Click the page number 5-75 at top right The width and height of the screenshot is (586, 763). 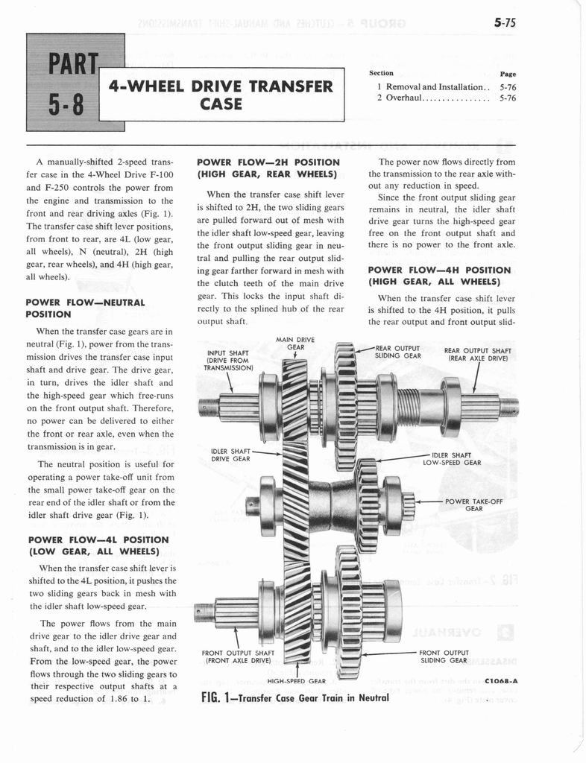pyautogui.click(x=505, y=23)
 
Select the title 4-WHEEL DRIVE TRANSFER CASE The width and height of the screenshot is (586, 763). pyautogui.click(x=221, y=94)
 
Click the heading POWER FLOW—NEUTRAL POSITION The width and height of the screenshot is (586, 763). pyautogui.click(x=84, y=308)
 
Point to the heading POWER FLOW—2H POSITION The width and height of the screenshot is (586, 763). pyautogui.click(x=268, y=168)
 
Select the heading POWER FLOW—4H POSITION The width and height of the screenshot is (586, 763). pyautogui.click(x=440, y=276)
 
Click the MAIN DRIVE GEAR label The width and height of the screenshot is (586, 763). pyautogui.click(x=294, y=343)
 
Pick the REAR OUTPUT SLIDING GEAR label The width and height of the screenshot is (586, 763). pyautogui.click(x=398, y=351)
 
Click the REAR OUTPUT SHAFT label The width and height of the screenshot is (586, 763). pyautogui.click(x=477, y=354)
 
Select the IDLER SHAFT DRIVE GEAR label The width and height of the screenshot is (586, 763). pyautogui.click(x=230, y=455)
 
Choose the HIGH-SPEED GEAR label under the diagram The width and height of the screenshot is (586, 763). pyautogui.click(x=296, y=681)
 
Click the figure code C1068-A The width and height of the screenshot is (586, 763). pyautogui.click(x=500, y=680)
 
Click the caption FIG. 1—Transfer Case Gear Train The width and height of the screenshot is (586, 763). pyautogui.click(x=295, y=698)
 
